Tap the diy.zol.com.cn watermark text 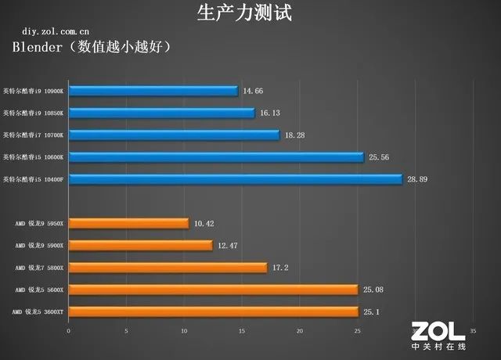click(x=44, y=32)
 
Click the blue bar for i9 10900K click(x=153, y=91)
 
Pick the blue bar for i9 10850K click(x=161, y=113)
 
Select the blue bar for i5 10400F click(x=235, y=179)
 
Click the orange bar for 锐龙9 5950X click(x=128, y=223)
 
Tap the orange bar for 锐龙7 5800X click(x=168, y=268)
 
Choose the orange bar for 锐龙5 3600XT click(x=213, y=311)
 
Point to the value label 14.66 click(x=253, y=91)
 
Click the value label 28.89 click(x=417, y=179)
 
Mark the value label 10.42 click(x=204, y=223)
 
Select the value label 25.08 click(x=373, y=290)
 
